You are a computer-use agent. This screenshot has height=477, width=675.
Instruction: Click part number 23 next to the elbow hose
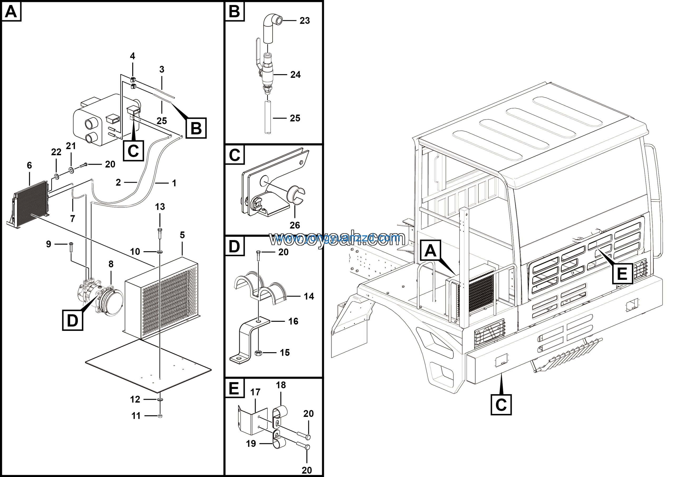305,21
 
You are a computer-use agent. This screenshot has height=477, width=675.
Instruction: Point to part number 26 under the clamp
295,225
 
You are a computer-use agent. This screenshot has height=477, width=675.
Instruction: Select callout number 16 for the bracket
293,321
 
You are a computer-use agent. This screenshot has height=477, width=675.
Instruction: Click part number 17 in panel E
255,392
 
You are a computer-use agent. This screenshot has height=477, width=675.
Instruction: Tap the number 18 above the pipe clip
281,385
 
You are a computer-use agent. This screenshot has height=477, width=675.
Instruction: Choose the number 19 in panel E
251,443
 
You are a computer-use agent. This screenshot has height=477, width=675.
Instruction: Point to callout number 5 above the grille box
182,235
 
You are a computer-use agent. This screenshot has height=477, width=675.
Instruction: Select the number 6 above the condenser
29,165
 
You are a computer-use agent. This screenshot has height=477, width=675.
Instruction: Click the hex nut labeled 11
160,416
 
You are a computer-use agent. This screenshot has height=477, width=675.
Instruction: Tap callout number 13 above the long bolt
160,207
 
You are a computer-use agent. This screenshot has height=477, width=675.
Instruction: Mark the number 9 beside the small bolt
49,244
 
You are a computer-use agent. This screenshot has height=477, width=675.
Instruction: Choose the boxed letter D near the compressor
73,320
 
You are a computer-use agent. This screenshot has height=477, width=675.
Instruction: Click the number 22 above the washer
56,152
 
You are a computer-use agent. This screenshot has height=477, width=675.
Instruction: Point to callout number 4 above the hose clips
133,56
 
